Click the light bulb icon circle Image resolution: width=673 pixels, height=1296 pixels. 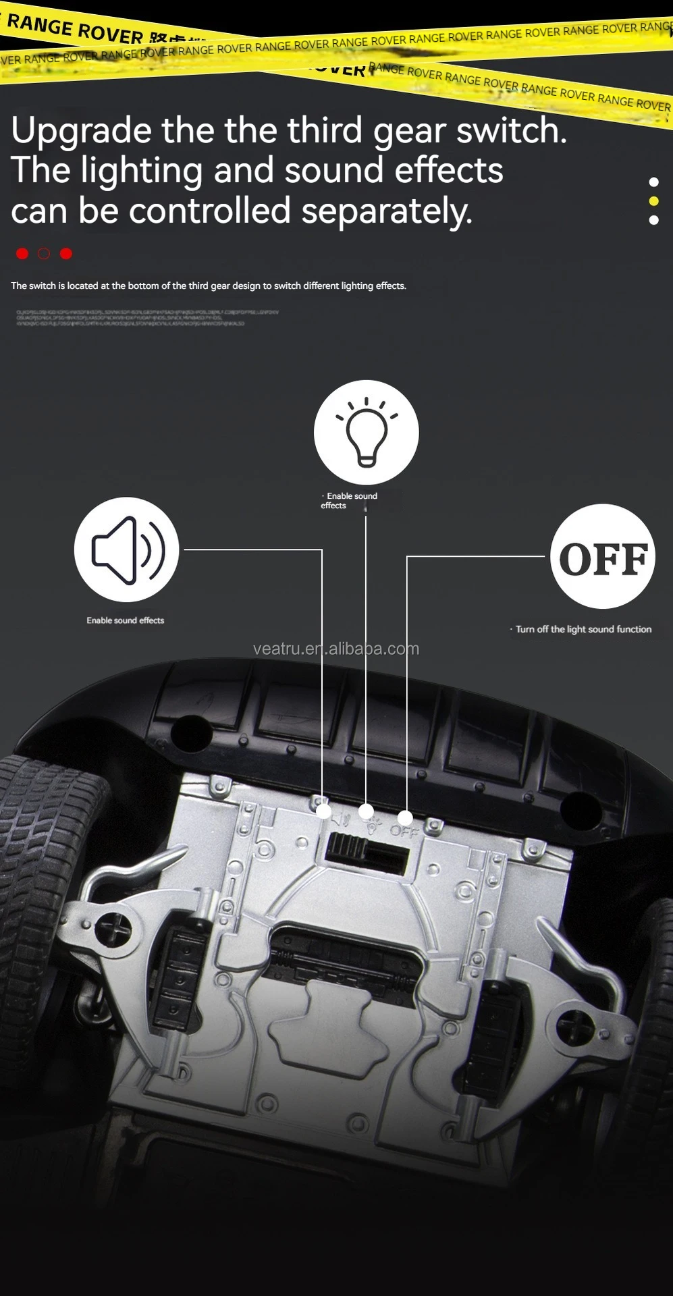pos(366,432)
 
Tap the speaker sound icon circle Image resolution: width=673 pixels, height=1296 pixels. pos(126,549)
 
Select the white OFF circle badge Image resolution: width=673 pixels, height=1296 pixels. pos(602,556)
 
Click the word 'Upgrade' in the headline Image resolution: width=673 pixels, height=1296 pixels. pos(80,131)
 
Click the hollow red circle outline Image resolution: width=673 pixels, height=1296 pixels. pos(44,254)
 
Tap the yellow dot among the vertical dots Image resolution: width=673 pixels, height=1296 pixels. pos(653,201)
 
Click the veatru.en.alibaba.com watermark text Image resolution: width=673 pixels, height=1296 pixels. pos(335,649)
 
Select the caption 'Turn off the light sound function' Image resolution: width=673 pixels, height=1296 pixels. pos(583,629)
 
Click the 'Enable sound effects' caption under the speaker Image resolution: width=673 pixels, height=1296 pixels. pos(125,620)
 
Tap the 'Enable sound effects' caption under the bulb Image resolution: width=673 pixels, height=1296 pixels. pos(349,501)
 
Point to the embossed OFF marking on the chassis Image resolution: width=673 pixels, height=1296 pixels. pos(404,832)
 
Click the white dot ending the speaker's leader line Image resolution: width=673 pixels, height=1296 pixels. pos(323,811)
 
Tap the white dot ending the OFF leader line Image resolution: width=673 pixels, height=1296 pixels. pos(405,818)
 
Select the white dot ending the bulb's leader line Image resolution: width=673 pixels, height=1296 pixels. pos(366,810)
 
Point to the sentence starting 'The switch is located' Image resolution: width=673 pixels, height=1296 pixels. pos(208,286)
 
